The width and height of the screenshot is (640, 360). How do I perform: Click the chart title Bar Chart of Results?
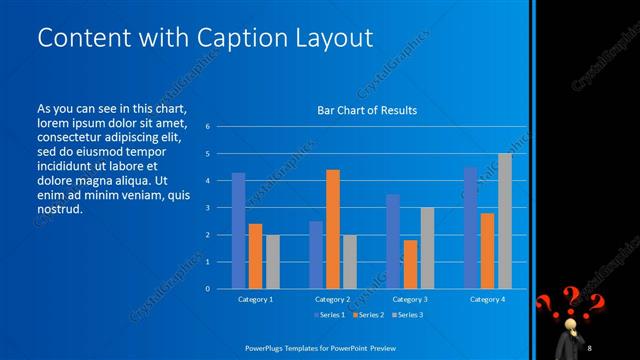point(367,110)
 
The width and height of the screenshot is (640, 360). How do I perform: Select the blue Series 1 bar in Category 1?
point(238,231)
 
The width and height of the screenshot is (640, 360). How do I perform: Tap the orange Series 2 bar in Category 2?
point(333,229)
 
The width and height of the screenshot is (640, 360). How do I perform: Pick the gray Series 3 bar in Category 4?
point(504,221)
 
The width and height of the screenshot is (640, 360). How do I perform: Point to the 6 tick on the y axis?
point(207,127)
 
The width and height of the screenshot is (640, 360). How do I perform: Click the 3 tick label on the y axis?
point(207,208)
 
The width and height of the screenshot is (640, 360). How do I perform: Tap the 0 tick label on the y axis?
point(207,289)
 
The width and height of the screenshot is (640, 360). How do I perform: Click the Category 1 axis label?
point(255,299)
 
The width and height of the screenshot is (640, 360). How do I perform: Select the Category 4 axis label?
point(487,299)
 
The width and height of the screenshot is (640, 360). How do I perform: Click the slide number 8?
point(591,347)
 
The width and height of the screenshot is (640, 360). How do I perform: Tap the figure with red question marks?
point(574,324)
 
